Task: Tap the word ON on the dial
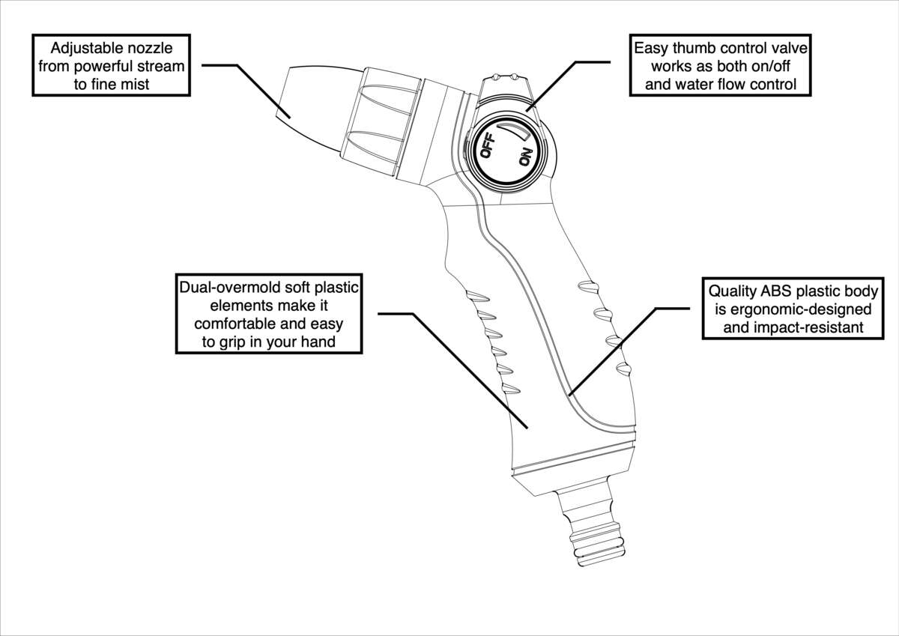pyautogui.click(x=525, y=158)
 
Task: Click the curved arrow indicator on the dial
pyautogui.click(x=516, y=132)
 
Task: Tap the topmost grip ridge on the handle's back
pyautogui.click(x=587, y=285)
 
